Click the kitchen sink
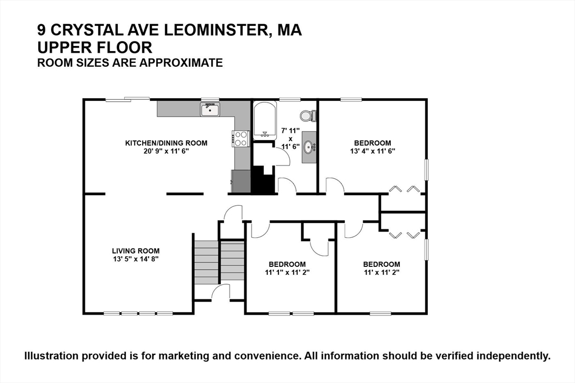(210, 109)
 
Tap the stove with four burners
(241, 139)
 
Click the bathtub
(264, 120)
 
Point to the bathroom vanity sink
(309, 147)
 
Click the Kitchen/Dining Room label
(166, 143)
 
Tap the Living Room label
(136, 251)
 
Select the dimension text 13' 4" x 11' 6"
(372, 151)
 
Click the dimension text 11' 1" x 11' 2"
(287, 272)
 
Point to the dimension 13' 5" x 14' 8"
(136, 259)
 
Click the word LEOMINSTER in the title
(215, 30)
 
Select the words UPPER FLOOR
(94, 48)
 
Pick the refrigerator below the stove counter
(240, 181)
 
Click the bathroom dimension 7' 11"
(290, 130)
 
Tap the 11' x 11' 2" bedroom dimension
(381, 272)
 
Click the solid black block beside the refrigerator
(263, 180)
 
